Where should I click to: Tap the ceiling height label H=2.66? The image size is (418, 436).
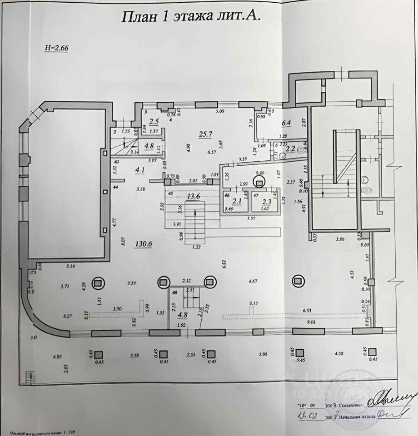pyautogui.click(x=55, y=48)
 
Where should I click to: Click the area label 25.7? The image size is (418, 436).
pyautogui.click(x=205, y=134)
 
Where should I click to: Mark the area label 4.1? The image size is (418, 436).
pyautogui.click(x=139, y=170)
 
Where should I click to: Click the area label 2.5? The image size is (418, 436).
pyautogui.click(x=154, y=121)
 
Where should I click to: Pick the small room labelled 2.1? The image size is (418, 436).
pyautogui.click(x=237, y=201)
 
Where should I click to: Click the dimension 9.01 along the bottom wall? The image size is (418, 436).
pyautogui.click(x=311, y=322)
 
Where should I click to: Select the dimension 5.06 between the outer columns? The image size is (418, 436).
pyautogui.click(x=263, y=354)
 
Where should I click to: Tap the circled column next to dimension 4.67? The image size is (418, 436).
pyautogui.click(x=298, y=282)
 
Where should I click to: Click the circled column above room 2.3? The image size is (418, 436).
pyautogui.click(x=259, y=182)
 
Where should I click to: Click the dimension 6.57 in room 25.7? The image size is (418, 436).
pyautogui.click(x=212, y=152)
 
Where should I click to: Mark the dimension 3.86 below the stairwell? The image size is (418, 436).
pyautogui.click(x=340, y=238)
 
